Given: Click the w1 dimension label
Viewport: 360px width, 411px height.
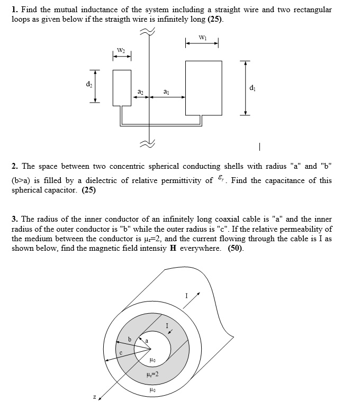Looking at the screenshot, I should pyautogui.click(x=202, y=37).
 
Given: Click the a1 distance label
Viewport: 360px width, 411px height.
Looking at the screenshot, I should pyautogui.click(x=167, y=92).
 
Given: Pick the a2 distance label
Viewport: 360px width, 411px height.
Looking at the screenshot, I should pyautogui.click(x=140, y=92).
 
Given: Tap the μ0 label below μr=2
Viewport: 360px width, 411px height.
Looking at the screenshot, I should pyautogui.click(x=152, y=391).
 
